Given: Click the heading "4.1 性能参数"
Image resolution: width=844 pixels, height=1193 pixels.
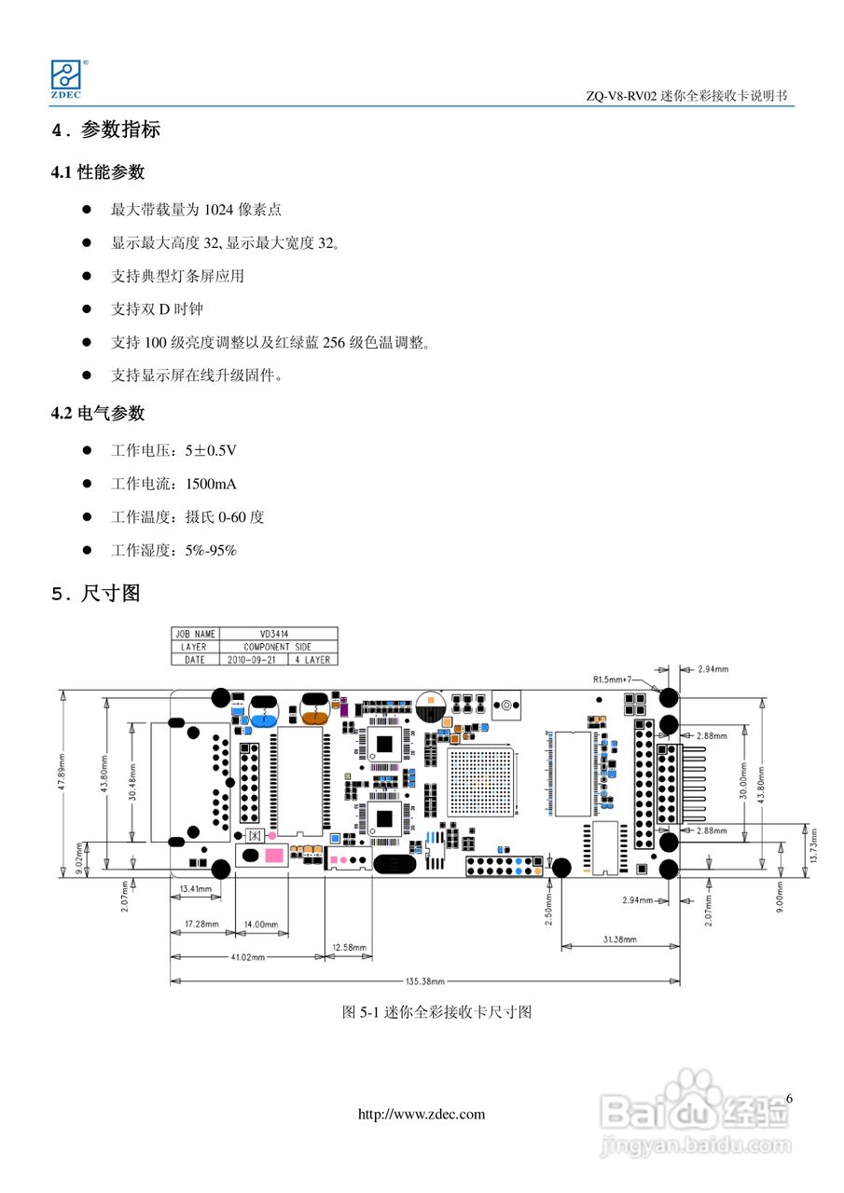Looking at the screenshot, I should pos(98,172).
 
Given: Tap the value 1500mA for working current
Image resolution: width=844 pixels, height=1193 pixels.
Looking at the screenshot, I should pos(211,484).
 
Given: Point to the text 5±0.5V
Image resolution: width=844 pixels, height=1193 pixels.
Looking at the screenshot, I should pos(211,450).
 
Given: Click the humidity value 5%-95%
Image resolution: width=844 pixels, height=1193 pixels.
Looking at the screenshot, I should pos(211,551).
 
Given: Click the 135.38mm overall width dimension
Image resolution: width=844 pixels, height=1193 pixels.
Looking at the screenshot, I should pos(425,981).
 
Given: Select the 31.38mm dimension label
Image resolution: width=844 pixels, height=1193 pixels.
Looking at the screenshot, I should pos(619,939).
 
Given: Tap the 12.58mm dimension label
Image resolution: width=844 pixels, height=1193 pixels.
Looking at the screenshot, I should pos(349,948).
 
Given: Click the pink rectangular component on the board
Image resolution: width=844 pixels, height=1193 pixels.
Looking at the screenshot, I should pos(274,856).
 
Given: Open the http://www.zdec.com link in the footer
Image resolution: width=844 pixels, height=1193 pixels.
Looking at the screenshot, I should pos(422,1115).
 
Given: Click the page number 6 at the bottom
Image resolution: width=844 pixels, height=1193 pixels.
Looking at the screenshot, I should pos(789,1099).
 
